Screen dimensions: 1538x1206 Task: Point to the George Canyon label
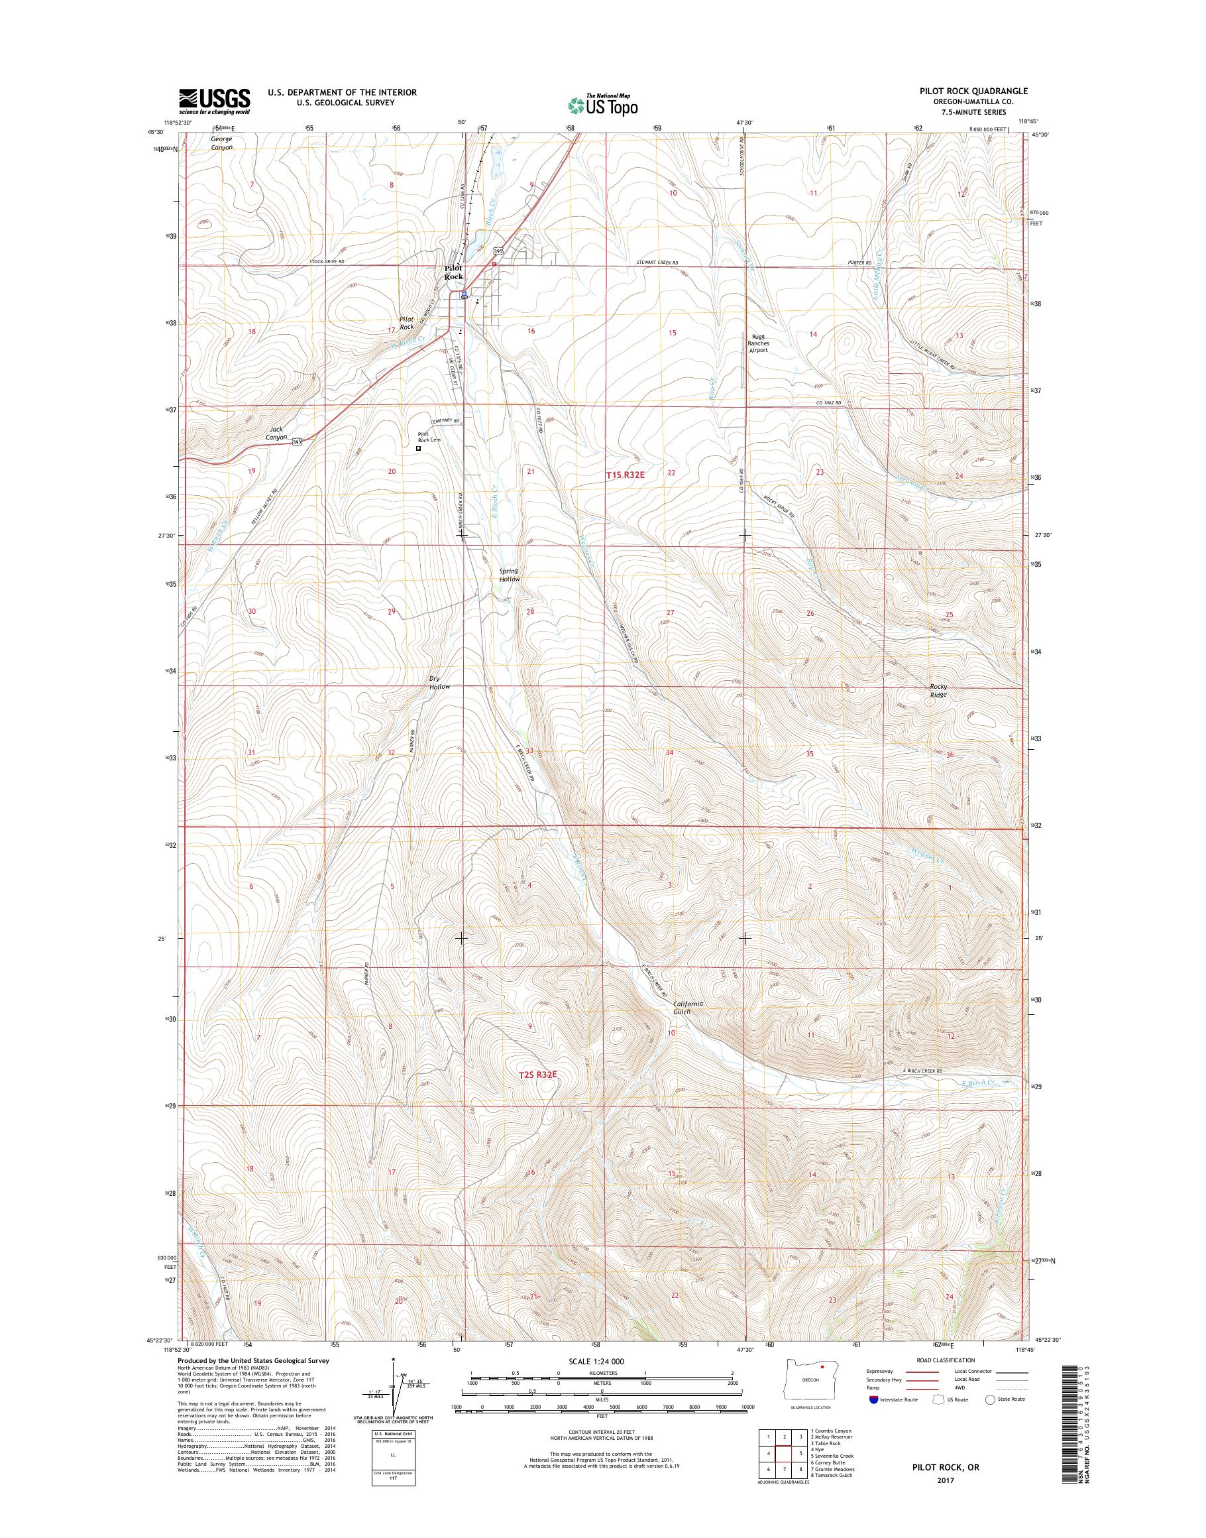[x=221, y=143]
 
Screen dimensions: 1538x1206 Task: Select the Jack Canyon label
[x=277, y=433]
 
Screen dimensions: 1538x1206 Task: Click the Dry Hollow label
[x=439, y=682]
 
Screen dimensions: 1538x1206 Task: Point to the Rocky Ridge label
[x=938, y=690]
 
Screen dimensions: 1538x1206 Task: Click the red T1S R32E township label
[x=625, y=475]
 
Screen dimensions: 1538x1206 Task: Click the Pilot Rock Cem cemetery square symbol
[x=418, y=448]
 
